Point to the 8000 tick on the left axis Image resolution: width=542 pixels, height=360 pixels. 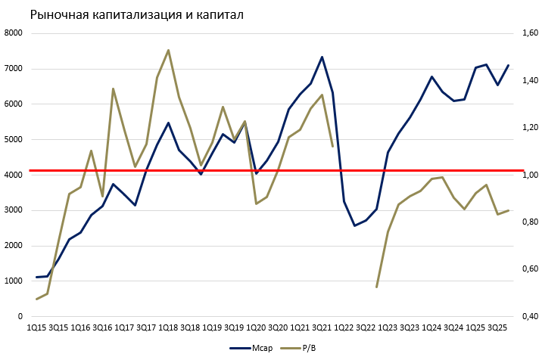click(x=14, y=33)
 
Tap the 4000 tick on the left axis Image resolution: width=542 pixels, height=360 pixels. click(x=14, y=175)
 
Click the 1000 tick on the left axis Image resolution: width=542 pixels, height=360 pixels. click(x=14, y=281)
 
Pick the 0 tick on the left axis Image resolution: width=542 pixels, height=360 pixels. click(x=20, y=317)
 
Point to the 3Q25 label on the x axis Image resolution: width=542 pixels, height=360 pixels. click(x=497, y=327)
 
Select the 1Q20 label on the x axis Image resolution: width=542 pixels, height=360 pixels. click(x=257, y=327)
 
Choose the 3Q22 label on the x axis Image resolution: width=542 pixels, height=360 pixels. click(x=366, y=327)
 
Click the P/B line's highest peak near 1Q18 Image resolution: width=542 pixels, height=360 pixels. click(x=168, y=50)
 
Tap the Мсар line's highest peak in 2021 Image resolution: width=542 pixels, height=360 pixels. click(x=322, y=57)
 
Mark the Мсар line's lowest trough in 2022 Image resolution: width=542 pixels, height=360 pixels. click(x=354, y=225)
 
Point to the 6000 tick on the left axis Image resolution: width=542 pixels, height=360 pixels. click(x=14, y=104)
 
